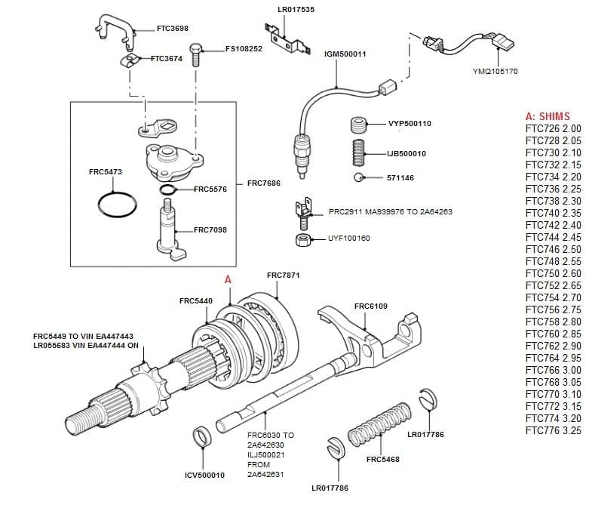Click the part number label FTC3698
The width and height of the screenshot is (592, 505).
pyautogui.click(x=173, y=29)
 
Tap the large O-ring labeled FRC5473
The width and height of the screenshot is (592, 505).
pyautogui.click(x=118, y=204)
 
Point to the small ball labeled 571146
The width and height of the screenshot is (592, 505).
pyautogui.click(x=358, y=178)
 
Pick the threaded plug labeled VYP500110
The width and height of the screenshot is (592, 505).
pyautogui.click(x=359, y=124)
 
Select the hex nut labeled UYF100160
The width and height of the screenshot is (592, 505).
pyautogui.click(x=304, y=240)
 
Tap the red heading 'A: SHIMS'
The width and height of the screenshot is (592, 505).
pyautogui.click(x=548, y=117)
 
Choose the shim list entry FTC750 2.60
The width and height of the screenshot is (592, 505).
pyautogui.click(x=553, y=273)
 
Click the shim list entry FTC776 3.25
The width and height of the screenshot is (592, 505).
pyautogui.click(x=553, y=430)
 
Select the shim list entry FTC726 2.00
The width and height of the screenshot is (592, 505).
pyautogui.click(x=553, y=129)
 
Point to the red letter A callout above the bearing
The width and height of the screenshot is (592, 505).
pyautogui.click(x=229, y=280)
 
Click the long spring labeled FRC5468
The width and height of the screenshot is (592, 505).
pyautogui.click(x=380, y=427)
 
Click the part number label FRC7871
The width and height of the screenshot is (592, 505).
pyautogui.click(x=283, y=276)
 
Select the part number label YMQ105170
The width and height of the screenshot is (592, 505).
pyautogui.click(x=495, y=72)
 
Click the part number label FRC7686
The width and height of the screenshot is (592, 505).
pyautogui.click(x=264, y=183)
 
